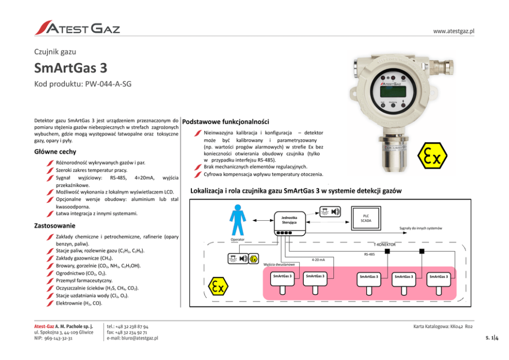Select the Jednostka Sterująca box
click(289, 219)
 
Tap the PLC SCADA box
click(366, 218)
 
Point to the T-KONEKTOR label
click(387, 244)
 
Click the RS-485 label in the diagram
click(369, 254)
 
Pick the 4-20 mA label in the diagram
click(318, 259)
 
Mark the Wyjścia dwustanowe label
click(279, 264)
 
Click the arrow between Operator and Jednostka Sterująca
click(259, 220)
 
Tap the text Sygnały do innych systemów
click(421, 228)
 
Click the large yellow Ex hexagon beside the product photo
click(432, 155)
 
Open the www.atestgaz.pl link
click(454, 31)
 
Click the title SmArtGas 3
click(70, 68)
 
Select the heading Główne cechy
click(55, 151)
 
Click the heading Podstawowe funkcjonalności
click(226, 122)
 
